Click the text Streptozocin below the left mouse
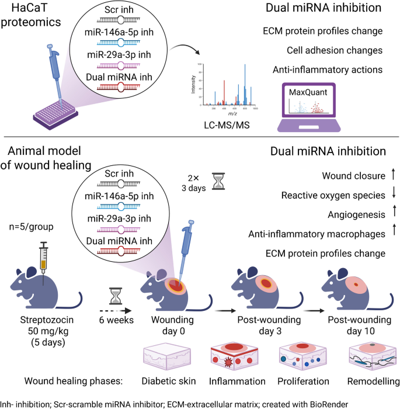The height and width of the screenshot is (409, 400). [x=44, y=321]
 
